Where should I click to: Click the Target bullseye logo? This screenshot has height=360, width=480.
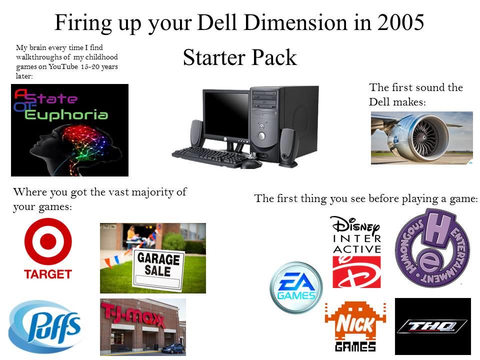48,242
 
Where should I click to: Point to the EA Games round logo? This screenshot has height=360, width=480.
296,287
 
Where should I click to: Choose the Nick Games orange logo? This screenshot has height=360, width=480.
355,326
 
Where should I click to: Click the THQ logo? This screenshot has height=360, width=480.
432,326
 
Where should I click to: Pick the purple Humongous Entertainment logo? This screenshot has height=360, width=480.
432,248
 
